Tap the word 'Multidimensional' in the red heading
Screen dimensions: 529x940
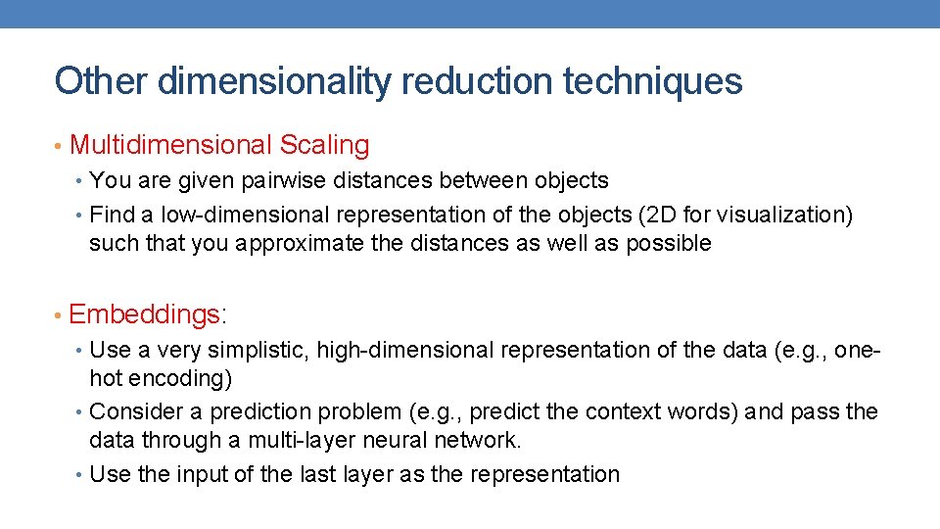[x=171, y=146]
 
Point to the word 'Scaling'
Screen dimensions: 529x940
[x=324, y=146]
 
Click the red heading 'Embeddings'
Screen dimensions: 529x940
[x=146, y=314]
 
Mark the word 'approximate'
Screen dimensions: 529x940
[x=299, y=243]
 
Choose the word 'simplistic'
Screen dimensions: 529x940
[x=252, y=350]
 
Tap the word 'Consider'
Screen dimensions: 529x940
[x=135, y=411]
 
